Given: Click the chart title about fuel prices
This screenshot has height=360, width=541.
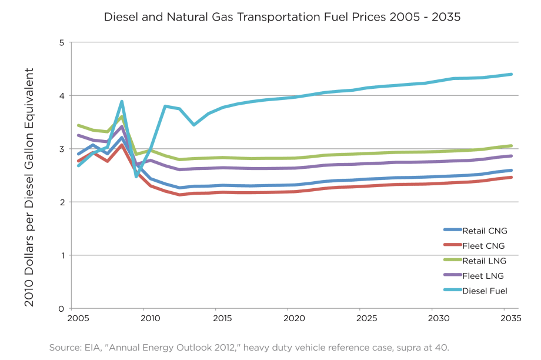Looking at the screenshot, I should pyautogui.click(x=282, y=17).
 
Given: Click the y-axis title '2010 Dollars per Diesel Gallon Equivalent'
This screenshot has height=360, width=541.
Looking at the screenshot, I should pyautogui.click(x=29, y=187).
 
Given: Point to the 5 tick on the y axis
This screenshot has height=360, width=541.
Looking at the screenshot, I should pyautogui.click(x=61, y=42).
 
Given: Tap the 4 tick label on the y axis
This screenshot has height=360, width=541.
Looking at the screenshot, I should pyautogui.click(x=61, y=96).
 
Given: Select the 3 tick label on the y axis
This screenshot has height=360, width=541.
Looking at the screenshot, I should pyautogui.click(x=61, y=149).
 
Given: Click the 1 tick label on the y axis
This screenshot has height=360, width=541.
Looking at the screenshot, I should pyautogui.click(x=61, y=255).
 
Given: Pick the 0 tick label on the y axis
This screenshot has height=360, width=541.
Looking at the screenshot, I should pyautogui.click(x=61, y=308).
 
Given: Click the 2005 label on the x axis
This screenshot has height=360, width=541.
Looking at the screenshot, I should pyautogui.click(x=78, y=318).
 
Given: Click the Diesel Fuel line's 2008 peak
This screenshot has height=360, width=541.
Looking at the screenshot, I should pyautogui.click(x=122, y=102).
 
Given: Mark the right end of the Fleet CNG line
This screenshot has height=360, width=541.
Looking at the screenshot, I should pyautogui.click(x=512, y=177).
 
